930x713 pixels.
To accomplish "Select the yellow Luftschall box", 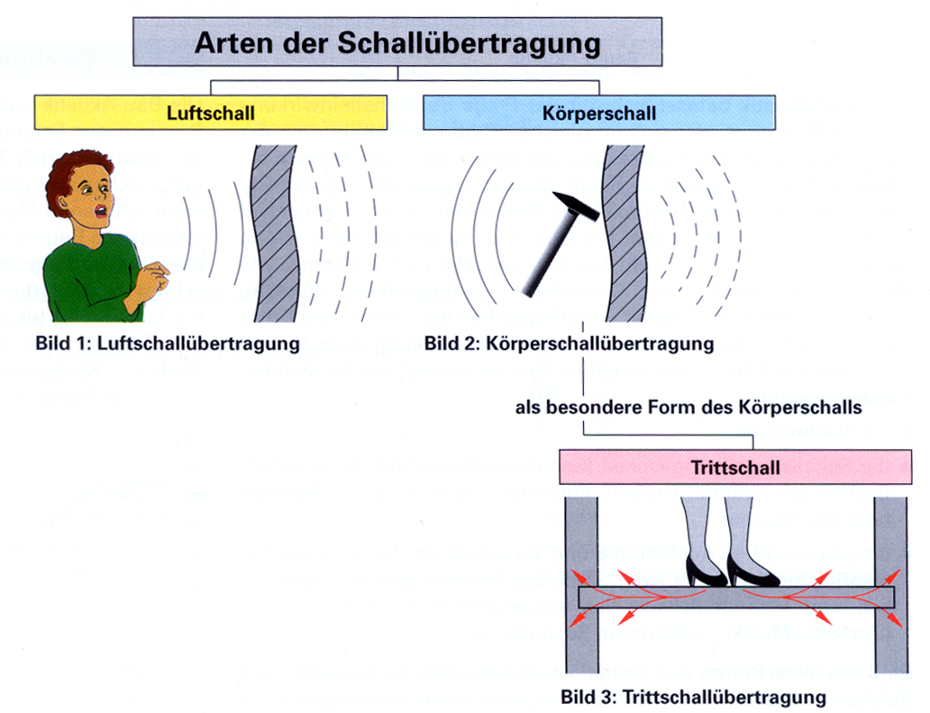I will [x=211, y=114].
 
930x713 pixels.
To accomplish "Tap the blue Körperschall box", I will [x=599, y=114].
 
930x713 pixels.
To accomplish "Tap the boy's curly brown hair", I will [x=77, y=169].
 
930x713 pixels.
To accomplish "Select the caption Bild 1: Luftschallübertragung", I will [x=168, y=343].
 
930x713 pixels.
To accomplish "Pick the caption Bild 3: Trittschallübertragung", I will [x=693, y=697].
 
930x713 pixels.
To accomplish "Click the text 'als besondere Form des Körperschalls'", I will [x=689, y=407].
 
